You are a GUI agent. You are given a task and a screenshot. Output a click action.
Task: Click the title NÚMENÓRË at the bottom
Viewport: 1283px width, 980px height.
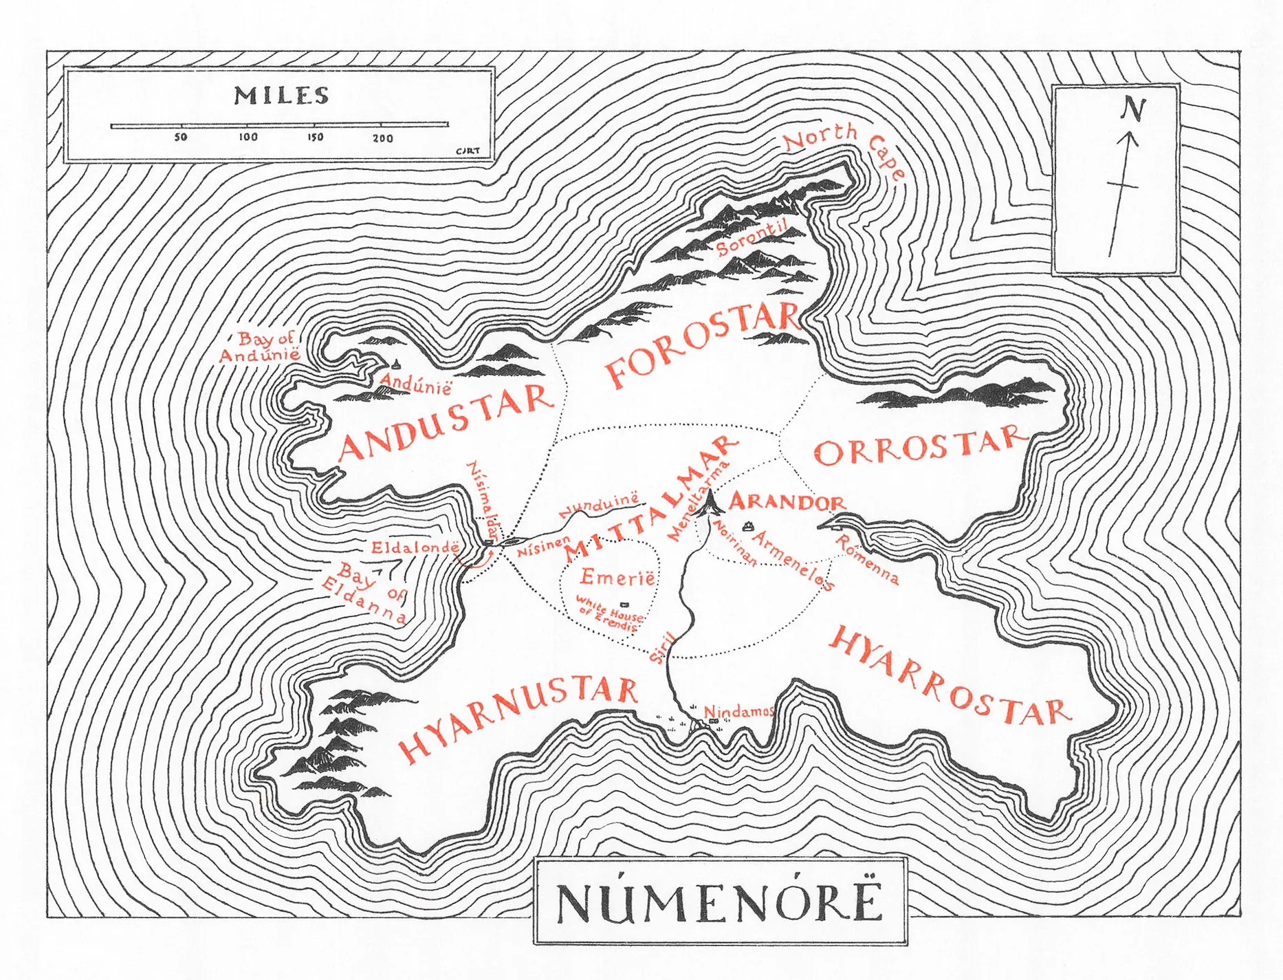(719, 902)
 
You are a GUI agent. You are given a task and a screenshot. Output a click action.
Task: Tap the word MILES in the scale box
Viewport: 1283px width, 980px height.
(281, 95)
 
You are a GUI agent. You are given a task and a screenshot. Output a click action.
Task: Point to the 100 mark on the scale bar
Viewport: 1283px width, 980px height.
(248, 137)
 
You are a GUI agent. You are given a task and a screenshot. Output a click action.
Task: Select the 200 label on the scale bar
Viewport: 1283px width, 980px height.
(382, 138)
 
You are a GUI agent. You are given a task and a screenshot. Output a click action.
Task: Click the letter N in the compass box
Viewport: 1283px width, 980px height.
(1132, 109)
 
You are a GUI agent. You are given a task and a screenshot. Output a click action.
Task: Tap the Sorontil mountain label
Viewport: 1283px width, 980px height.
(751, 238)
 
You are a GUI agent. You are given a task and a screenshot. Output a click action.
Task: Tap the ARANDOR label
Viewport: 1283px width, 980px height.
(787, 501)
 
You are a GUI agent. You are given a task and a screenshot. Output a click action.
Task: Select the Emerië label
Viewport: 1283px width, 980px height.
(617, 577)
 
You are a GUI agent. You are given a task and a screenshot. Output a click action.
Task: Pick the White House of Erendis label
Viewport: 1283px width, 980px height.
(609, 613)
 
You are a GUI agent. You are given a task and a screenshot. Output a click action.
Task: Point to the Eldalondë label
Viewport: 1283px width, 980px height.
(415, 547)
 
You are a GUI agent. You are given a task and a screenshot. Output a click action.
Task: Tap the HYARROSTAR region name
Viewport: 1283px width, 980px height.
(949, 677)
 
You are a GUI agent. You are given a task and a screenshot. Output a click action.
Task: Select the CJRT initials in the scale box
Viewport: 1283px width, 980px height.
(468, 151)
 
